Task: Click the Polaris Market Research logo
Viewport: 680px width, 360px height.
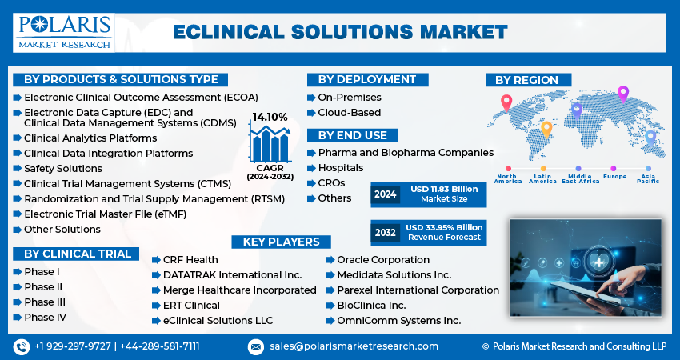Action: (x=64, y=33)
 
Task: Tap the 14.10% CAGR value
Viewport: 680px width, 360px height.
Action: (x=270, y=117)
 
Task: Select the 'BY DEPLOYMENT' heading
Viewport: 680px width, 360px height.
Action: (x=367, y=79)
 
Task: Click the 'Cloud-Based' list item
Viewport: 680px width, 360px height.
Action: (x=349, y=112)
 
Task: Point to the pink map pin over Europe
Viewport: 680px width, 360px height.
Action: (x=622, y=94)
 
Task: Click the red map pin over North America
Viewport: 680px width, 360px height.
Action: (x=506, y=103)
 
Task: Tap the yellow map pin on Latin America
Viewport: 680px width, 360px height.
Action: (x=546, y=130)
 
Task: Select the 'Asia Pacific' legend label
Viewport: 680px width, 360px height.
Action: (x=648, y=178)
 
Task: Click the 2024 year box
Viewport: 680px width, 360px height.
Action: (x=386, y=194)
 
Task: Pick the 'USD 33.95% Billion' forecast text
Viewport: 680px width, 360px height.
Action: (x=444, y=227)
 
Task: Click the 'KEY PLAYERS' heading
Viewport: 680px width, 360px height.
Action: (x=281, y=242)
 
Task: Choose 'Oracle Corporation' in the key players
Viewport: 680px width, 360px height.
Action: (x=383, y=260)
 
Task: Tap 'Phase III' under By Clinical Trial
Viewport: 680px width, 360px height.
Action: (x=45, y=302)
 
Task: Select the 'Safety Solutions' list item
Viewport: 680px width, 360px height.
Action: (x=63, y=168)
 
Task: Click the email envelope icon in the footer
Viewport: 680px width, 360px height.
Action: (x=256, y=346)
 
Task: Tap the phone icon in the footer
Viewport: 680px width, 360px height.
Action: (x=22, y=346)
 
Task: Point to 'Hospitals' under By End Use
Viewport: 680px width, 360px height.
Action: (x=341, y=168)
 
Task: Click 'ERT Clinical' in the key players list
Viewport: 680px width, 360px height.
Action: (x=191, y=306)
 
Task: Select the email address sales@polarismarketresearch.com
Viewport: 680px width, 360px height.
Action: (x=354, y=346)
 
